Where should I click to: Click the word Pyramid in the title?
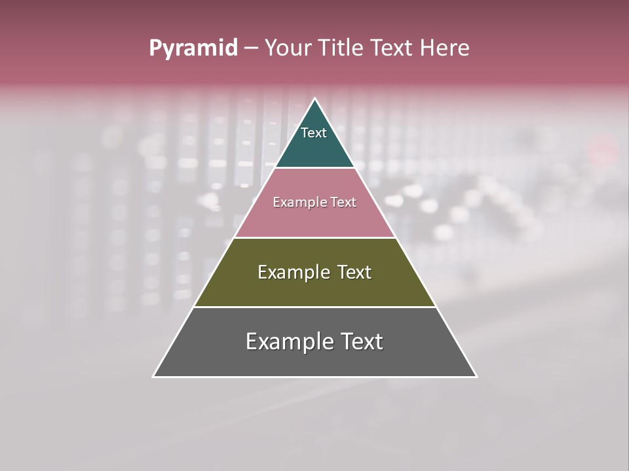[193, 48]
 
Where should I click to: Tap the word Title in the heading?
[342, 48]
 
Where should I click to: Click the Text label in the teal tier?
[314, 133]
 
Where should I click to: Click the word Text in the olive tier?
[354, 273]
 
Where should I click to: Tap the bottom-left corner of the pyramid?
[153, 377]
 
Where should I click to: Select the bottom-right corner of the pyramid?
[476, 377]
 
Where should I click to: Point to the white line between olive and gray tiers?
[315, 307]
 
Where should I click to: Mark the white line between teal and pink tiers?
[315, 168]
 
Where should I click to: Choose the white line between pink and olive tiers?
[315, 238]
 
